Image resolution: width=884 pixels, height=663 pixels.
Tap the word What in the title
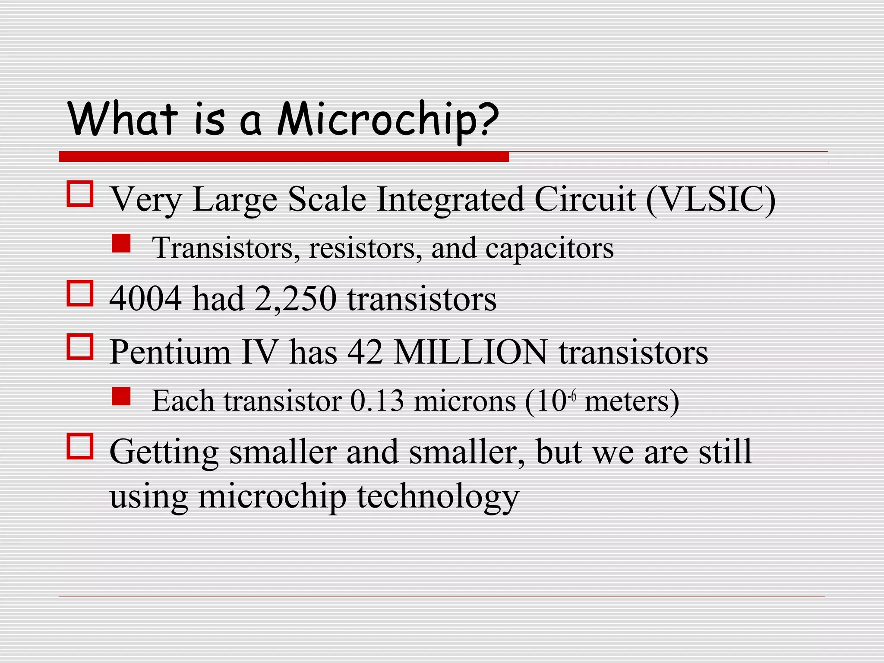pyautogui.click(x=122, y=118)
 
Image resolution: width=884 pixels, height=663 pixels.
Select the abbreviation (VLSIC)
pyautogui.click(x=710, y=199)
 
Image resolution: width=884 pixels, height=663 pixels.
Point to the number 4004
pyautogui.click(x=145, y=298)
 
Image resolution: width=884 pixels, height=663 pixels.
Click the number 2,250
pyautogui.click(x=295, y=299)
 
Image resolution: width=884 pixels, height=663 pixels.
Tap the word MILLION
pyautogui.click(x=471, y=352)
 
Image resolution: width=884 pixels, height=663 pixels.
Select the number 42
pyautogui.click(x=365, y=352)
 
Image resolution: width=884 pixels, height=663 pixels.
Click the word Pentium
pyautogui.click(x=170, y=352)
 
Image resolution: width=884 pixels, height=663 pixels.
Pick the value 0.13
pyautogui.click(x=377, y=401)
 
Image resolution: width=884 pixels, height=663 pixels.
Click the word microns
pyautogui.click(x=465, y=401)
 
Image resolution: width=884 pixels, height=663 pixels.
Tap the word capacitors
pyautogui.click(x=549, y=249)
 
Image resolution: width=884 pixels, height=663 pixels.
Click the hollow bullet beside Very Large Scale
pyautogui.click(x=80, y=194)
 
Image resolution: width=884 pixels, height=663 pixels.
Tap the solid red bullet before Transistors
pyautogui.click(x=121, y=243)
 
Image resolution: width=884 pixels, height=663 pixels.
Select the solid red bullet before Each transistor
pyautogui.click(x=121, y=396)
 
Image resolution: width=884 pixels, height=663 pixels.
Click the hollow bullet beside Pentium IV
pyautogui.click(x=80, y=347)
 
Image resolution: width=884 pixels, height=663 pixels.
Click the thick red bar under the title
pyautogui.click(x=284, y=156)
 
